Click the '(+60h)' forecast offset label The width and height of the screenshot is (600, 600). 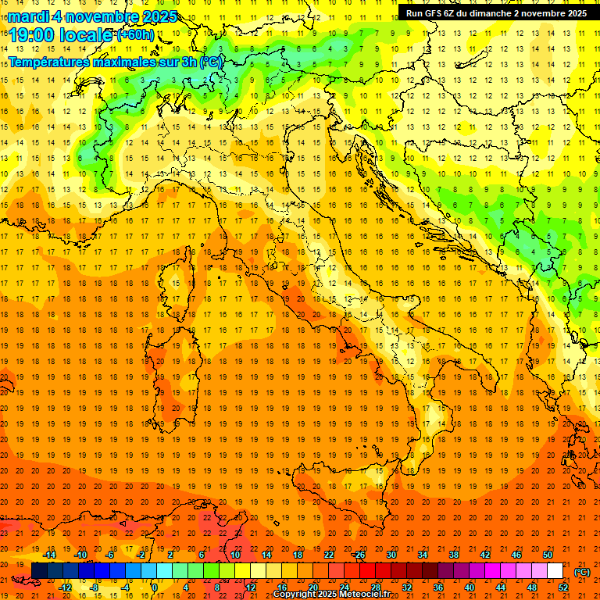(136, 35)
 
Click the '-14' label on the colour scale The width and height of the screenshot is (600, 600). (51, 555)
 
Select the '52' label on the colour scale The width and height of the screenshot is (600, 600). (563, 587)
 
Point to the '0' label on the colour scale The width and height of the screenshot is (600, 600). (155, 587)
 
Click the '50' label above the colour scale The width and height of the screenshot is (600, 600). (548, 555)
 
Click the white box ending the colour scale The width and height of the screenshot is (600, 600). (555, 571)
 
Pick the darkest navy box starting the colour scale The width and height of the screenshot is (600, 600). (39, 571)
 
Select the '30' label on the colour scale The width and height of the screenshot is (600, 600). (391, 555)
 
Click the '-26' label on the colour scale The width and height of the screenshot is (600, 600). (359, 555)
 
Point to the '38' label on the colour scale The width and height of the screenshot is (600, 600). (454, 555)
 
